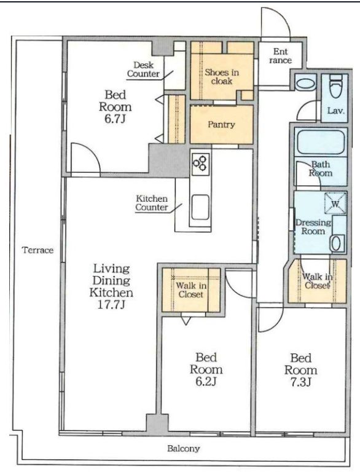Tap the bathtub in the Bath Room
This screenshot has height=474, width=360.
pos(321,142)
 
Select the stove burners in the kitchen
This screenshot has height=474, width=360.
pos(200,164)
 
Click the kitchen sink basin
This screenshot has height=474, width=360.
pos(200,207)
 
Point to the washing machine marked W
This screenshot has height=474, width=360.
pos(335,203)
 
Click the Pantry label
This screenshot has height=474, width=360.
pos(221,125)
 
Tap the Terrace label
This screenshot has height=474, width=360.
pos(37,250)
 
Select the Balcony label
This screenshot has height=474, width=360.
pos(184,448)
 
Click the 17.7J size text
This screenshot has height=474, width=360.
pos(111,304)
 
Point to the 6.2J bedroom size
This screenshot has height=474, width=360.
pos(206,382)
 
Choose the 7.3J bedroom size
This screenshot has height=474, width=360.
pos(301,382)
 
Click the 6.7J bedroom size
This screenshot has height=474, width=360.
pos(115,119)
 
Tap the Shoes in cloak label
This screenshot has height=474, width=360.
pos(222,76)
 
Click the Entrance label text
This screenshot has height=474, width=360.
pos(280,56)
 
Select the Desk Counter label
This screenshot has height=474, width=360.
pos(143,69)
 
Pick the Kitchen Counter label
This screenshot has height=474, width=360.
pos(151,203)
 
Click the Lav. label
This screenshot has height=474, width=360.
pos(336,111)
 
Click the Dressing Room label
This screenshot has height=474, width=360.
pos(313,227)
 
